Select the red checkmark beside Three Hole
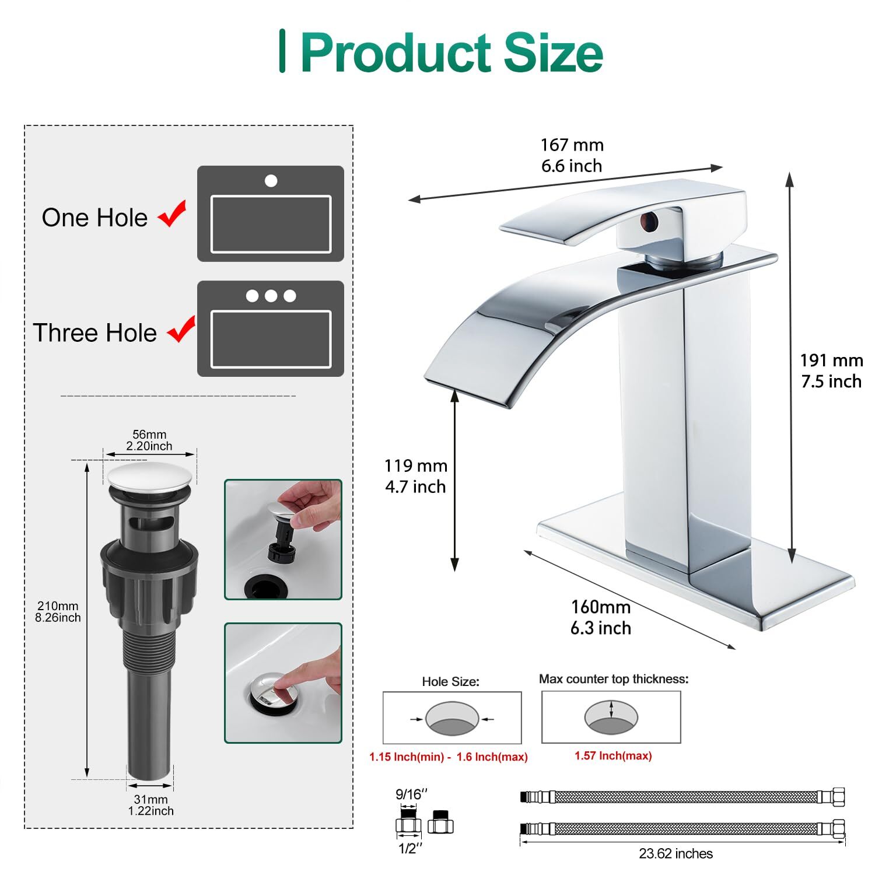pyautogui.click(x=181, y=330)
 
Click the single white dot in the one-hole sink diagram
pyautogui.click(x=271, y=181)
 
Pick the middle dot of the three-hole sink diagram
pyautogui.click(x=271, y=296)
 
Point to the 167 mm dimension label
pyautogui.click(x=572, y=145)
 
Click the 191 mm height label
pyautogui.click(x=831, y=360)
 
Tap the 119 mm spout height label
pyautogui.click(x=415, y=466)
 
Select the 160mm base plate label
pyautogui.click(x=601, y=607)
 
